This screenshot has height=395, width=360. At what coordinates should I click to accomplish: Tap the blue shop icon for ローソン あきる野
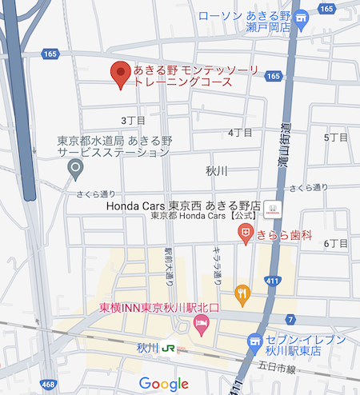pyautogui.click(x=302, y=22)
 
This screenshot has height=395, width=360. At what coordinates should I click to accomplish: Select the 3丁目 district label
pyautogui.click(x=130, y=120)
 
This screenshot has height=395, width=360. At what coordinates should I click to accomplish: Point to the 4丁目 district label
pyautogui.click(x=240, y=132)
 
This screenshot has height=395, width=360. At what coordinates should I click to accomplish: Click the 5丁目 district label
pyautogui.click(x=336, y=138)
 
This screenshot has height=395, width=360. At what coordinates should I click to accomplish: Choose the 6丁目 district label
pyautogui.click(x=336, y=243)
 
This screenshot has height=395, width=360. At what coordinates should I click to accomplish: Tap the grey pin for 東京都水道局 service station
pyautogui.click(x=76, y=168)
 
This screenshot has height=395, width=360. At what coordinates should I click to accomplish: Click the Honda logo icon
pyautogui.click(x=274, y=210)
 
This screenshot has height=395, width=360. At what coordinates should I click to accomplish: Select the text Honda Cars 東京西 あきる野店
pyautogui.click(x=186, y=205)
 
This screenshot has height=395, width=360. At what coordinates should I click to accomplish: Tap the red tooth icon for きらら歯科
pyautogui.click(x=246, y=233)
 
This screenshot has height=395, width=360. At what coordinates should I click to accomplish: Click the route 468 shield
pyautogui.click(x=48, y=385)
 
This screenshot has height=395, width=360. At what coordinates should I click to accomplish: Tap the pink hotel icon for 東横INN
pyautogui.click(x=201, y=325)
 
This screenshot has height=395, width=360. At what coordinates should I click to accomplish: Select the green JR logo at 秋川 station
pyautogui.click(x=169, y=349)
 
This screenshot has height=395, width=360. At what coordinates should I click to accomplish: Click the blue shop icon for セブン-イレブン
pyautogui.click(x=256, y=341)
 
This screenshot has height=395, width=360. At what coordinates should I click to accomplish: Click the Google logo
pyautogui.click(x=163, y=384)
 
